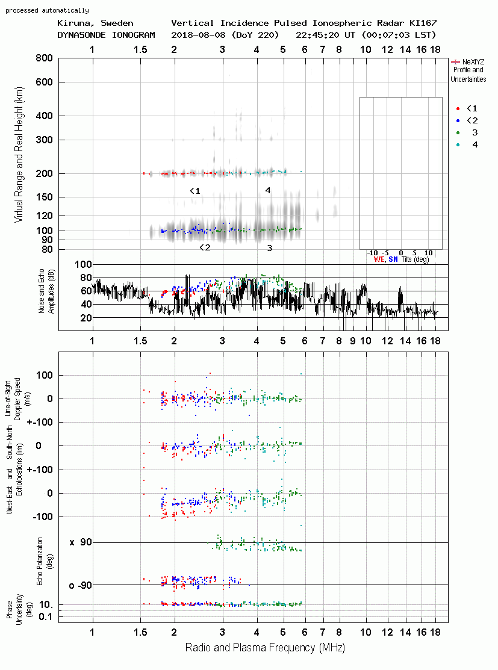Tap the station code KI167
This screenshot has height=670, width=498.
point(423,23)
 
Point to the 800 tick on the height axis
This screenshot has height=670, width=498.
point(44,58)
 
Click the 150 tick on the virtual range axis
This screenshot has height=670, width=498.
point(44,197)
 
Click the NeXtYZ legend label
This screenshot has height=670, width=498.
point(473,62)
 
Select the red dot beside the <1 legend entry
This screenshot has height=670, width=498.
point(458,109)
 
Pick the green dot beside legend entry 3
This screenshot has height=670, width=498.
point(458,133)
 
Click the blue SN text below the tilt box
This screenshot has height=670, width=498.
point(393,259)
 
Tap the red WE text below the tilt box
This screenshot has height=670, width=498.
point(379,259)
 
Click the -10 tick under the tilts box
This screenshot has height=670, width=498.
point(372,253)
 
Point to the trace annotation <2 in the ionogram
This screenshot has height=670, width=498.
point(205,247)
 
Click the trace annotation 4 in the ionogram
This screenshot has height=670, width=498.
point(268,191)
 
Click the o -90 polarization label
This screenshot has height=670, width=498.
point(80,585)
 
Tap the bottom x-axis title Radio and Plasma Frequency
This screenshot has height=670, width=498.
point(265,648)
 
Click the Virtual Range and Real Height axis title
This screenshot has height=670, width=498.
point(19,155)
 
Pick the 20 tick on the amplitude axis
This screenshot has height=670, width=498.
point(86,318)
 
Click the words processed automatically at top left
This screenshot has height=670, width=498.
point(47,10)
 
